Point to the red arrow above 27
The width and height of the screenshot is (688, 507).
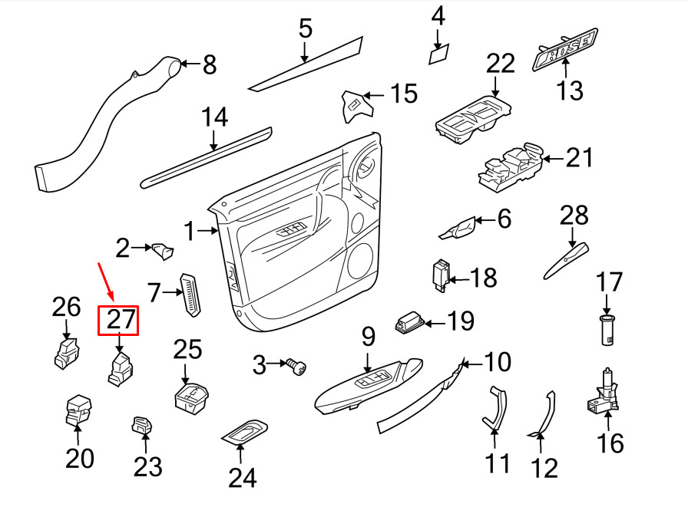[106, 281]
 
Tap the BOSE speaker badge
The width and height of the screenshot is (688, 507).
[565, 49]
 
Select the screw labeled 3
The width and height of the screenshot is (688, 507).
[296, 367]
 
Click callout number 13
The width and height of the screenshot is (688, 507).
[570, 91]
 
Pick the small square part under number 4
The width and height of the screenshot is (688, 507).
[438, 54]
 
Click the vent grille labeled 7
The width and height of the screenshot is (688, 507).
[191, 295]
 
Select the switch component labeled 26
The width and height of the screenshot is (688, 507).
[67, 353]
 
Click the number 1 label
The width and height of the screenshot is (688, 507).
[190, 231]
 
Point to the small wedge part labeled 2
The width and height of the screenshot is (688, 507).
[163, 251]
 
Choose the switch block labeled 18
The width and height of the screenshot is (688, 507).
[441, 275]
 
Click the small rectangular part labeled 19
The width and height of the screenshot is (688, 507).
[410, 323]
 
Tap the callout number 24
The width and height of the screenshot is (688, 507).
[242, 478]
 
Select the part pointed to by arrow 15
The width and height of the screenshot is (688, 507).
[357, 107]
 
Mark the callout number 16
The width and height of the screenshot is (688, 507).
[610, 443]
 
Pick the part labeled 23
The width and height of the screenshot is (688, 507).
[142, 425]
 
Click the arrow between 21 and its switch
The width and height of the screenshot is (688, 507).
[553, 159]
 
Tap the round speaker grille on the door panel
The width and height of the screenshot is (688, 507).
[360, 262]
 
